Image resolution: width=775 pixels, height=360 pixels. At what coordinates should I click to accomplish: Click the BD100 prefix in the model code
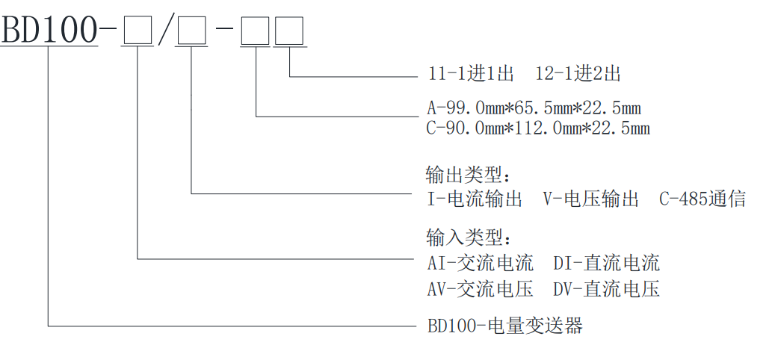tap(49, 30)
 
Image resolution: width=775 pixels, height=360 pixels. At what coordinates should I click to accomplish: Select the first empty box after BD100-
tap(138, 31)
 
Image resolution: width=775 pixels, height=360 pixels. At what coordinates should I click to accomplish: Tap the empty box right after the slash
tap(192, 31)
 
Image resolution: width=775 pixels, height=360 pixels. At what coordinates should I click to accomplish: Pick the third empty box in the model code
tap(256, 31)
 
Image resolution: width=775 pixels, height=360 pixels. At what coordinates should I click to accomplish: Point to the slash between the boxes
tap(166, 31)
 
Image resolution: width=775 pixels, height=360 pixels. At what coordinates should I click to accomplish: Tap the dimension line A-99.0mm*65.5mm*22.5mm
tap(534, 108)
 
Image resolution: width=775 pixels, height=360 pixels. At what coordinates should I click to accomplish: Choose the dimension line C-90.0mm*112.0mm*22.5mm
tap(538, 128)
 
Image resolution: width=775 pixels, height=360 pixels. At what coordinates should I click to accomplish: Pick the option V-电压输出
tap(590, 199)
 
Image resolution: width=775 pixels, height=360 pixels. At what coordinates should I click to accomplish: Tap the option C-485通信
tap(702, 199)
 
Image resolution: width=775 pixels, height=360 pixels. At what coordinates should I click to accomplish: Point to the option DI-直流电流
tap(606, 263)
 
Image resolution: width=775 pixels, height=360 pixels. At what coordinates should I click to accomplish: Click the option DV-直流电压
tap(606, 289)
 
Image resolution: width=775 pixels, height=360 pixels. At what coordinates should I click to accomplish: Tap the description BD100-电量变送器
tap(504, 326)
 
